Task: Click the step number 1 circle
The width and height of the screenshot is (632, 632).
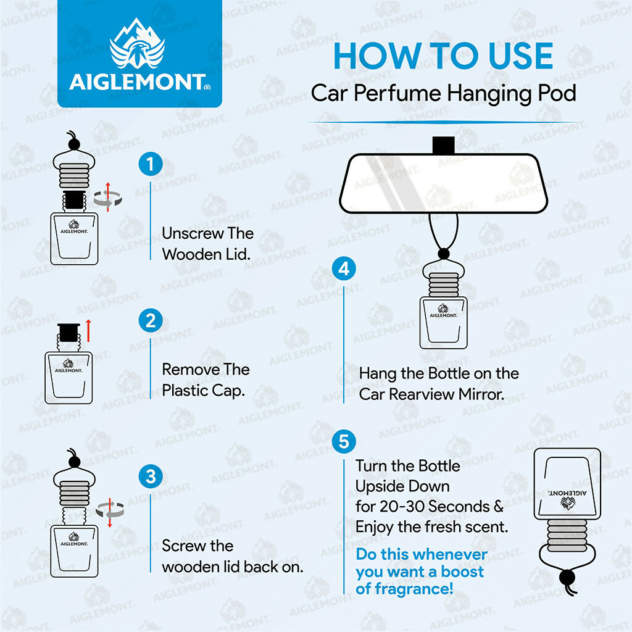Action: coord(150,165)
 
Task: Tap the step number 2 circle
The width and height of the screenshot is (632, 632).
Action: coord(150,321)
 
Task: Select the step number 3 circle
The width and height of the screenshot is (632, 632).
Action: coord(150,476)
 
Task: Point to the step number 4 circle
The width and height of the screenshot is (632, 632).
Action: coord(344,269)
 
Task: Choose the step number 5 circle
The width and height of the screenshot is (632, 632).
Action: coord(344,442)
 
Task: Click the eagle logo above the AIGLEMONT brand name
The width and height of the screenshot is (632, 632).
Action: coord(137,49)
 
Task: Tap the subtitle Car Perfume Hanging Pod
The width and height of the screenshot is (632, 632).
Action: coord(443,93)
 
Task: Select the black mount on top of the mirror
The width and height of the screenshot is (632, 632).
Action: coord(443,144)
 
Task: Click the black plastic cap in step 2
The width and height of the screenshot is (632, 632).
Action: coord(67,333)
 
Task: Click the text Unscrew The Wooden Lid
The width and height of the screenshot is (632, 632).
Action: coord(207,244)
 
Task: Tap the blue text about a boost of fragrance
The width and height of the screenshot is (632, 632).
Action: coord(421,571)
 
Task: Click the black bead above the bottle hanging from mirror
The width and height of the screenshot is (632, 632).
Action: coord(443,253)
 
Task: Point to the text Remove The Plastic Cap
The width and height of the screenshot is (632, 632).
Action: coord(206,380)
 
